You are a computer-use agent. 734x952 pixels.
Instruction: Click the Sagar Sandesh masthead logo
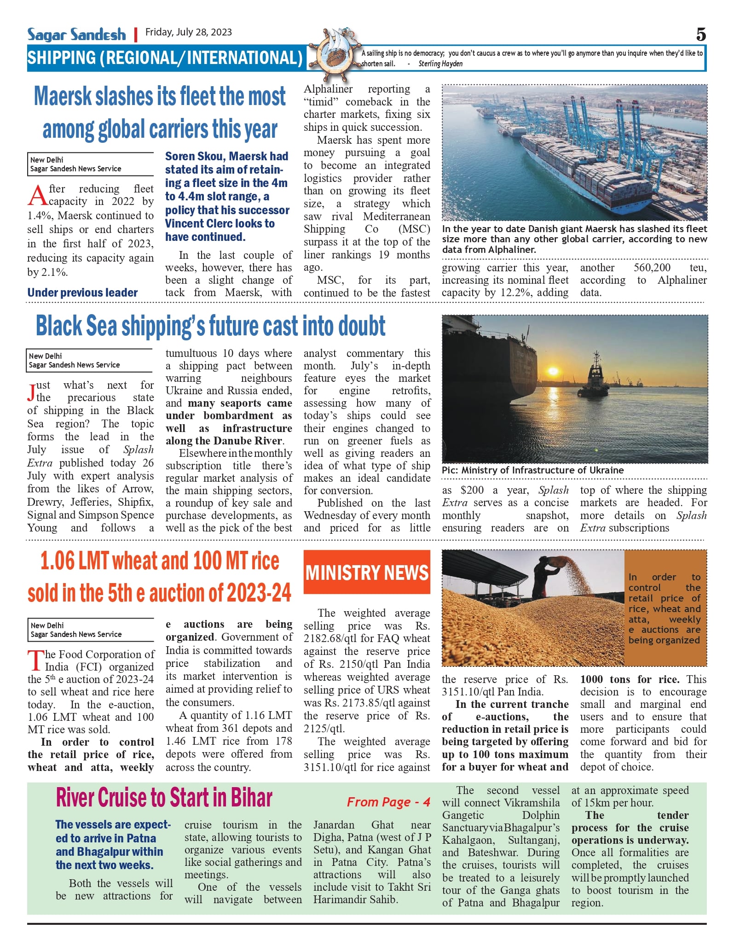(76, 34)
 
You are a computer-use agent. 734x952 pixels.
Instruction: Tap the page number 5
(700, 35)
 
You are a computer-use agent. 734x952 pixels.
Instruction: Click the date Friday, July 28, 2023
(189, 32)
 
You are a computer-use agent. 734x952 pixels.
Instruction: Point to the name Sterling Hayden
(440, 64)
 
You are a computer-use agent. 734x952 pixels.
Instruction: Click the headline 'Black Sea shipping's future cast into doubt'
(210, 326)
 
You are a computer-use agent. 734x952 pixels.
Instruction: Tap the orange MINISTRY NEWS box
(367, 572)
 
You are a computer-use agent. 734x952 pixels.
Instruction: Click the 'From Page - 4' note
(388, 802)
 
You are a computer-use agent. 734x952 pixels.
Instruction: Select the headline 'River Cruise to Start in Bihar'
(164, 798)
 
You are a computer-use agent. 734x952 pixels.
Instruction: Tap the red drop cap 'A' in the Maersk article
(37, 195)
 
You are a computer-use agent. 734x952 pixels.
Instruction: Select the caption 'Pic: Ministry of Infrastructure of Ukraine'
(532, 470)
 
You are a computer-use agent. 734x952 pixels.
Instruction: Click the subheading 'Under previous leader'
(82, 292)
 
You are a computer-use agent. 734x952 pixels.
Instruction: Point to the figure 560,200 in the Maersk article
(652, 268)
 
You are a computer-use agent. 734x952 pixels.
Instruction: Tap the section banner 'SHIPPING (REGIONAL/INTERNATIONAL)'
(165, 58)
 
